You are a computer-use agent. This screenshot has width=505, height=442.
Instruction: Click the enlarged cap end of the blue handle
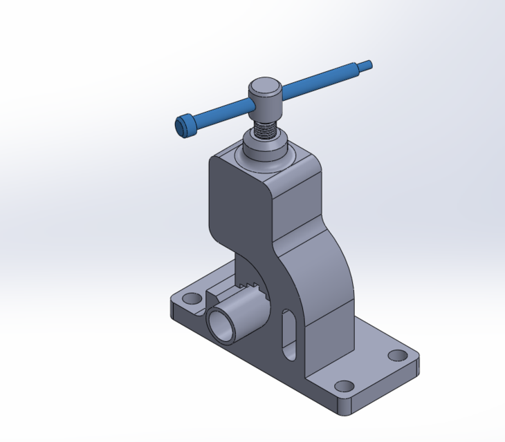coord(183,126)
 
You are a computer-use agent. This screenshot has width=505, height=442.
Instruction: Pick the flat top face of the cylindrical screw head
coord(264,86)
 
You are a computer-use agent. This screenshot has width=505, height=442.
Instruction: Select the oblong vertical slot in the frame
coord(288,335)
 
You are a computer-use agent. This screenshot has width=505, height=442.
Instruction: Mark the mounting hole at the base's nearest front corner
coord(342,386)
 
